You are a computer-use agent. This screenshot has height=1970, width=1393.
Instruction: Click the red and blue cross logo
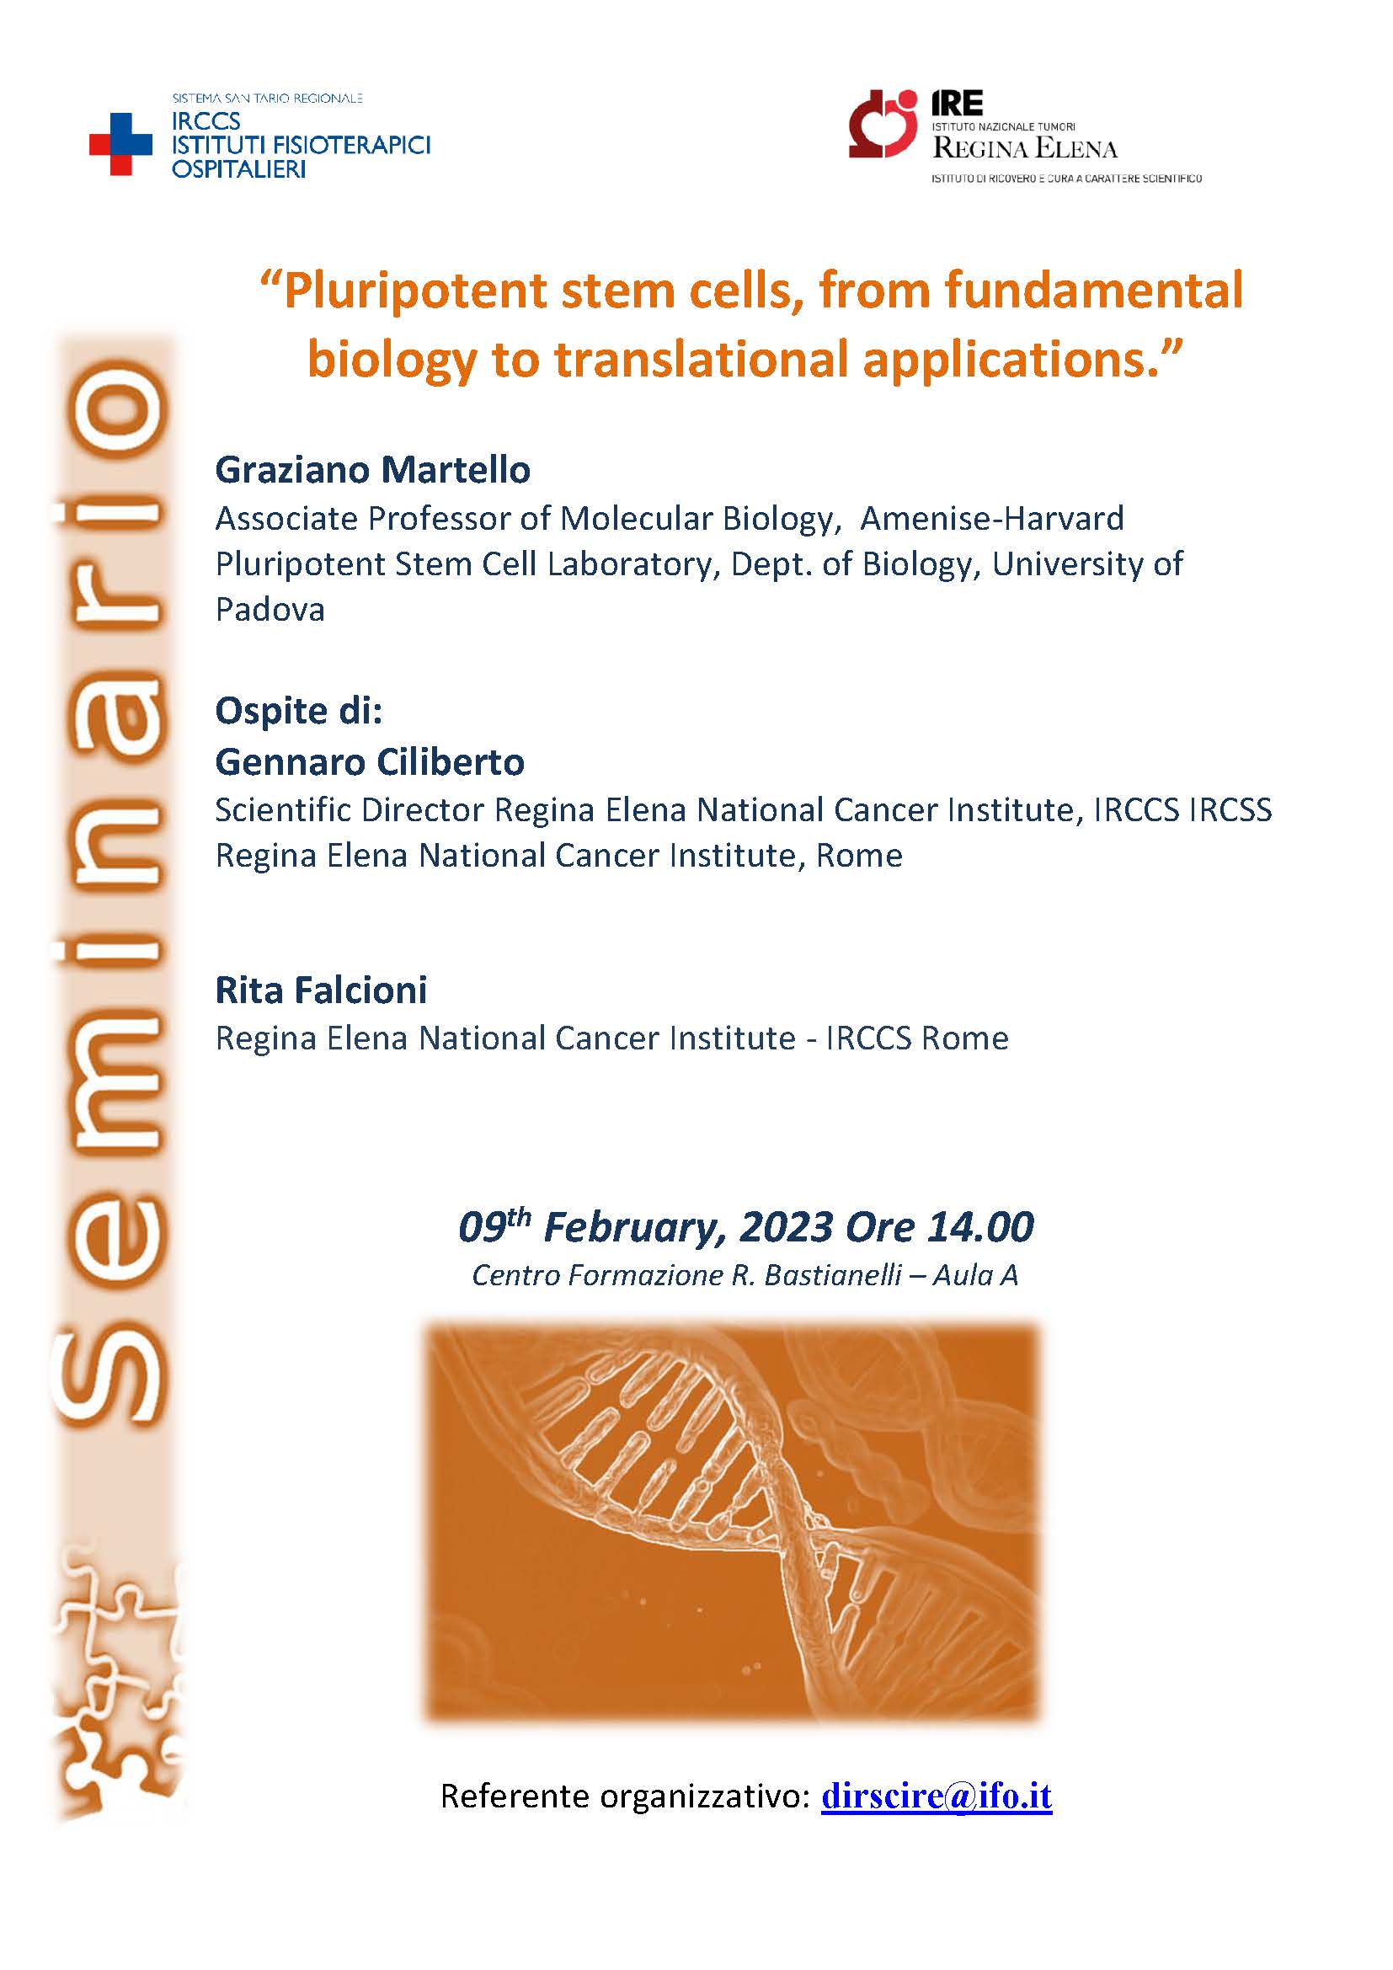pyautogui.click(x=121, y=144)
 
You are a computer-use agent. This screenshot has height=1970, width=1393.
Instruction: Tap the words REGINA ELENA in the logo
pyautogui.click(x=1026, y=148)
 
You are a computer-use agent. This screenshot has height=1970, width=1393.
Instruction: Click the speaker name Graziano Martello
pyautogui.click(x=372, y=469)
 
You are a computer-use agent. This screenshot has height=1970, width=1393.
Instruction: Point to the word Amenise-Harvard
pyautogui.click(x=991, y=518)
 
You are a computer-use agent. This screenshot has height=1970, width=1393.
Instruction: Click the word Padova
pyautogui.click(x=270, y=609)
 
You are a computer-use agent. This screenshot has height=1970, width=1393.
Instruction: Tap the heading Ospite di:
pyautogui.click(x=297, y=711)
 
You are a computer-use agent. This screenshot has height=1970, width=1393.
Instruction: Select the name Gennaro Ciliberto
pyautogui.click(x=370, y=761)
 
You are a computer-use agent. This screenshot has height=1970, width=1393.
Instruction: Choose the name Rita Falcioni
pyautogui.click(x=321, y=990)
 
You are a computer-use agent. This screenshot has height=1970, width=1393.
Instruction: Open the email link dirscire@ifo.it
pyautogui.click(x=937, y=1795)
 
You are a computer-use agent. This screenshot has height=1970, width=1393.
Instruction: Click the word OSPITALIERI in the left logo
pyautogui.click(x=238, y=169)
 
